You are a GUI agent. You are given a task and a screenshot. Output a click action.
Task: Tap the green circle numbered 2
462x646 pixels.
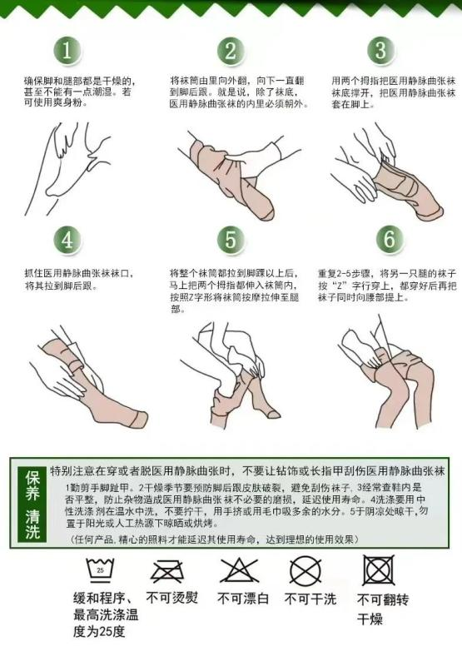click(229, 51)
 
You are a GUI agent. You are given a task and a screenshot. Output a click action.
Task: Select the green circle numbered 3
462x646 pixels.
click(380, 50)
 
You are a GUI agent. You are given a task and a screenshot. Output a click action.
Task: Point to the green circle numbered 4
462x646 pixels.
click(68, 240)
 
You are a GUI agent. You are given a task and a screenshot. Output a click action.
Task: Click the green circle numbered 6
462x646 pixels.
click(386, 240)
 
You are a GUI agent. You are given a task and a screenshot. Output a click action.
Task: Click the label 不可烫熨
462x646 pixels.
click(173, 598)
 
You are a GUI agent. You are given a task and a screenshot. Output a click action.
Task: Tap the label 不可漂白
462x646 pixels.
click(244, 599)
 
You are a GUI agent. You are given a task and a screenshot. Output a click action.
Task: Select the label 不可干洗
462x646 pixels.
click(311, 599)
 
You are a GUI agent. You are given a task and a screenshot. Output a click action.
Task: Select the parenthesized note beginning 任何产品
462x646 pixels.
click(224, 540)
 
